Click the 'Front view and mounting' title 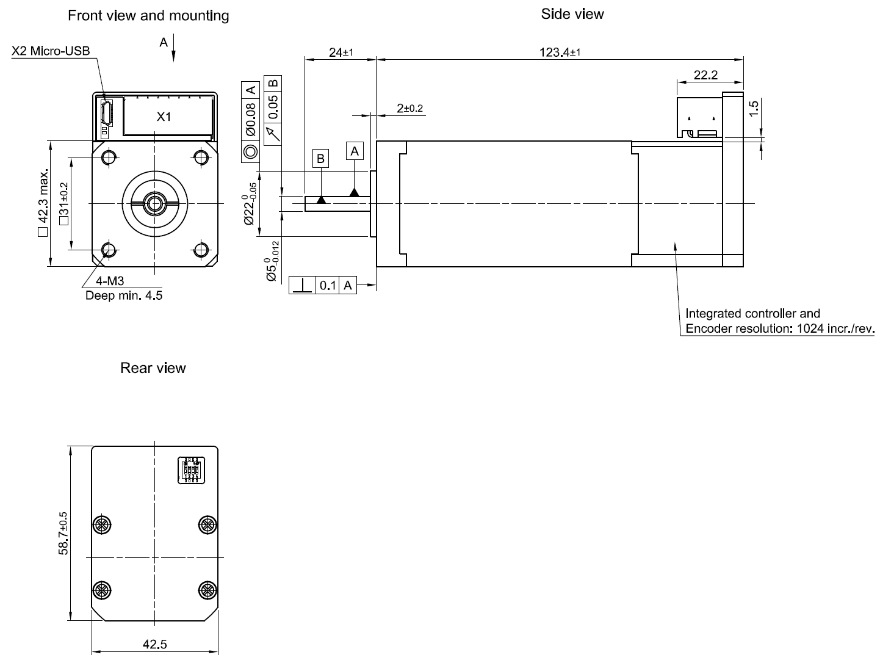pos(148,16)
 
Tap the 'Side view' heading pos(572,14)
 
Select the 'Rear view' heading pos(153,368)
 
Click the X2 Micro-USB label pos(51,51)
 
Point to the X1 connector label pos(164,117)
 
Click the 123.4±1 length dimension pos(560,52)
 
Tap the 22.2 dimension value pos(705,75)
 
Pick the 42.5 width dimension pos(154,644)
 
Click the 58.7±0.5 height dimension pos(63,534)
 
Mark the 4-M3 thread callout pos(110,281)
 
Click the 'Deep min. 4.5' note pos(124,295)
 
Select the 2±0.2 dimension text pos(409,108)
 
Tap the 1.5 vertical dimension pos(754,108)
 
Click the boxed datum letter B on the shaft pos(320,159)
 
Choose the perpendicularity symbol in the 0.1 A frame pos(302,285)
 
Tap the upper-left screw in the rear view pos(101,524)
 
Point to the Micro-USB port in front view pos(106,112)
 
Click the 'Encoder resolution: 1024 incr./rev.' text pos(780,328)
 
